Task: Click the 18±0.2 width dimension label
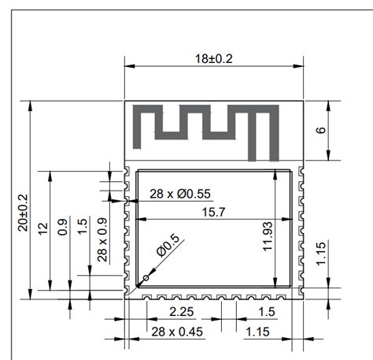pos(215,58)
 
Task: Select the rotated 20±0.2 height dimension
pos(23,212)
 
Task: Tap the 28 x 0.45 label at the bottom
pos(177,332)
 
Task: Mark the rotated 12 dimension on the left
pos(43,228)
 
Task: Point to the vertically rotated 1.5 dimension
pos(82,226)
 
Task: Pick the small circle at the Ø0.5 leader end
pos(146,279)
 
